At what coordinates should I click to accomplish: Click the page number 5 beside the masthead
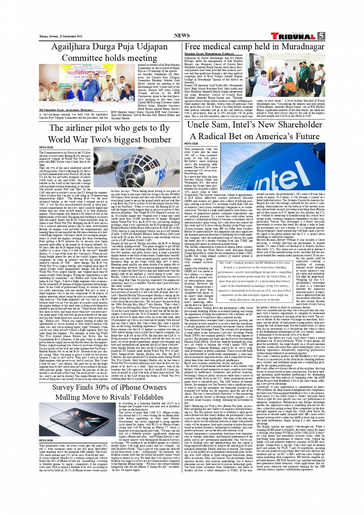[321, 36]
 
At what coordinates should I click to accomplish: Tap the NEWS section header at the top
[182, 35]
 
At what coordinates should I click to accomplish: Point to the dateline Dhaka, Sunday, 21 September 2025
[61, 37]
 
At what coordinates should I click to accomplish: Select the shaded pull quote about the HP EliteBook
[254, 281]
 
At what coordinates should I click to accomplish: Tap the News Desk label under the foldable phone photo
[46, 440]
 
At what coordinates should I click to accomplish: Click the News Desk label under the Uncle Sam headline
[191, 144]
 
